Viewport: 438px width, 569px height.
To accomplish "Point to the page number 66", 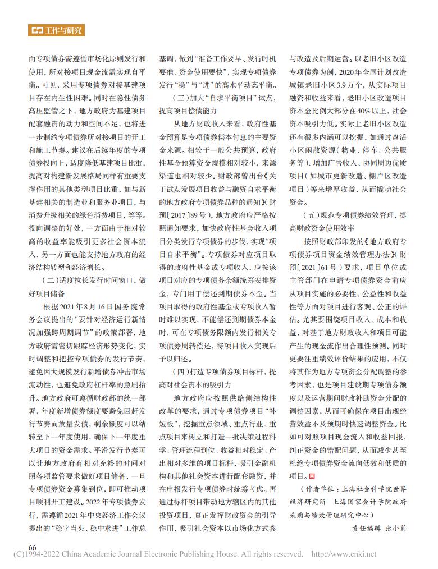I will coord(33,547).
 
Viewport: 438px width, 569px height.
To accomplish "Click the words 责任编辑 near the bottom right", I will coord(366,527).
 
